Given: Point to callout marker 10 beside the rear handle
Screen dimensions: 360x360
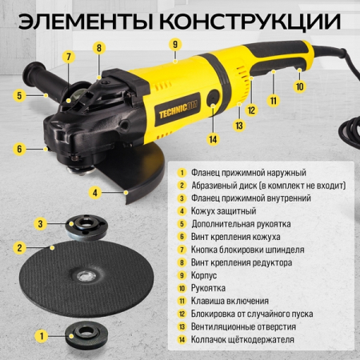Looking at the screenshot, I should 299,85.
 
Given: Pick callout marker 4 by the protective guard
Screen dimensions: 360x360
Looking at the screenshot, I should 95,192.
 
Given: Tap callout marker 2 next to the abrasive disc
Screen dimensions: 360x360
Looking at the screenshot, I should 18,248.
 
